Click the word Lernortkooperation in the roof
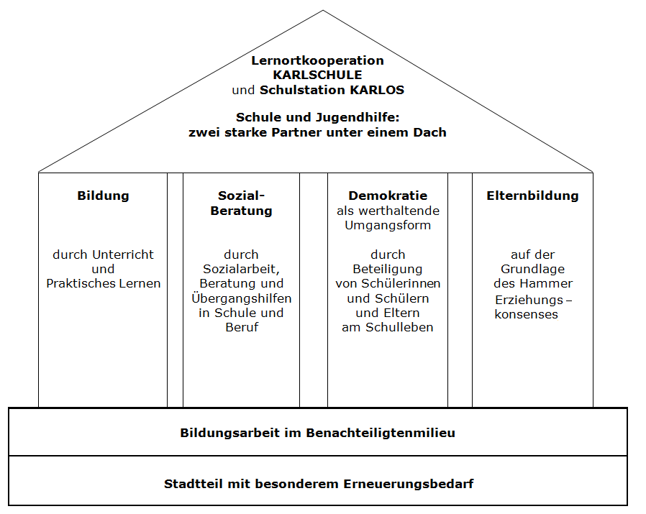pos(318,60)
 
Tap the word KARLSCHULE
pos(318,75)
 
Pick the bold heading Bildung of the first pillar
pos(103,196)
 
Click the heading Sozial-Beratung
pos(242,203)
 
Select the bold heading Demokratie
pos(388,196)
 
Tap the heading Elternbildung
pos(532,196)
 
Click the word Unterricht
pos(123,254)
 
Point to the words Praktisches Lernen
pos(103,283)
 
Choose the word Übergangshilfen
pos(242,298)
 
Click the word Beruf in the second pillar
pos(242,327)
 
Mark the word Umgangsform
pos(388,225)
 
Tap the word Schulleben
pos(399,327)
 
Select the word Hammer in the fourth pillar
pos(546,283)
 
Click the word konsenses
pos(526,315)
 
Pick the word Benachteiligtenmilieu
pos(381,433)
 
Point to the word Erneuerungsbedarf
pos(409,484)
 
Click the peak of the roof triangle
pos(323,10)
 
